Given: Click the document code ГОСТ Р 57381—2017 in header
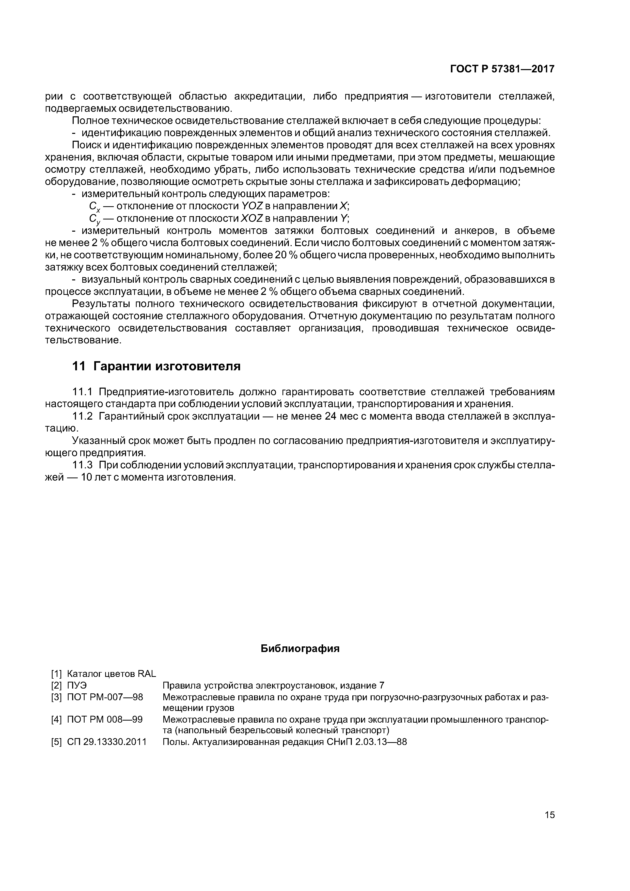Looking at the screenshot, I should [x=502, y=69].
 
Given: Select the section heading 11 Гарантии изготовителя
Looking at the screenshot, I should [x=156, y=366].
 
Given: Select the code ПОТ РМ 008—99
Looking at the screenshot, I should [x=105, y=720].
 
